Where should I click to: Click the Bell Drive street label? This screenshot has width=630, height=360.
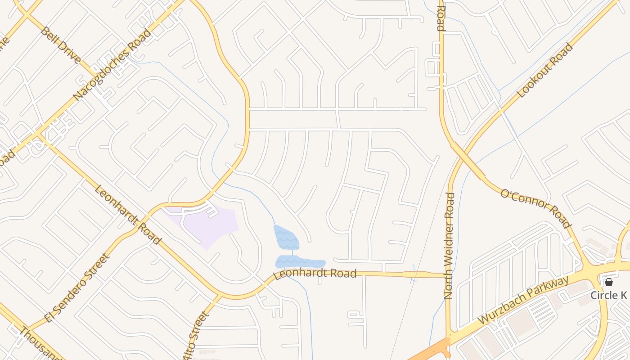coord(61,45)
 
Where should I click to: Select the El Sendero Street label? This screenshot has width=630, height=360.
coord(77,288)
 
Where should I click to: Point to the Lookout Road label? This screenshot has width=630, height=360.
coord(545,70)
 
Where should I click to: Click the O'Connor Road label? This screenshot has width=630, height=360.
coord(536,208)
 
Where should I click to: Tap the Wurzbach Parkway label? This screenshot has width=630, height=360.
coord(523,301)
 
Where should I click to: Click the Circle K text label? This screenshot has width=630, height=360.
coord(608,295)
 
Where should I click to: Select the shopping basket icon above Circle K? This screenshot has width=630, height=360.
coord(609,282)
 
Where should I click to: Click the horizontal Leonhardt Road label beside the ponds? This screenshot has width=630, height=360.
coord(315,274)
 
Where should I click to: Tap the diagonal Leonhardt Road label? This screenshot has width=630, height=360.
coord(127,214)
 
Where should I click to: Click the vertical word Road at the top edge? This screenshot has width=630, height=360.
coord(441,18)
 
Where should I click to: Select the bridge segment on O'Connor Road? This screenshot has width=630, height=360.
coord(468,161)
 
